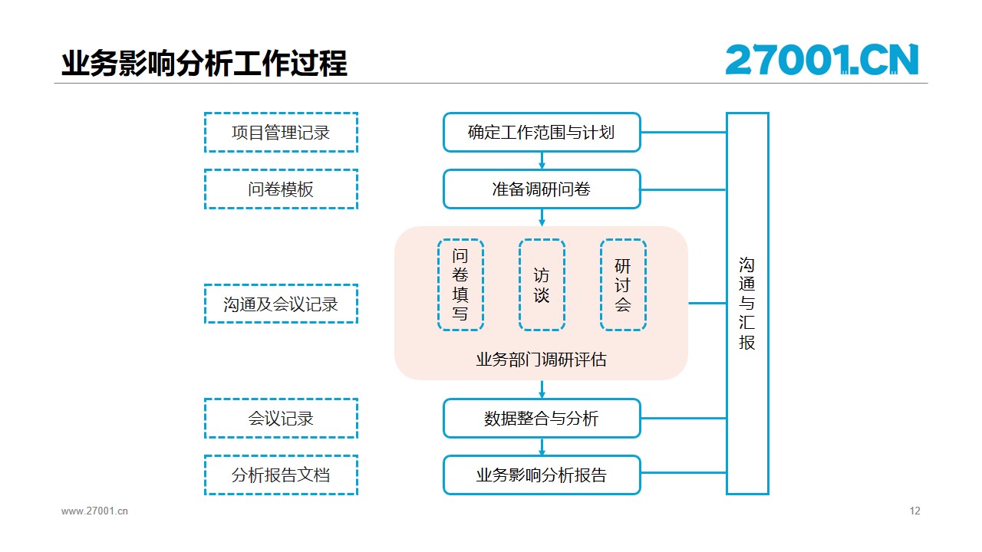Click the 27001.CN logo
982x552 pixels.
[x=822, y=60]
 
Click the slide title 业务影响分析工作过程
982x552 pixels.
[x=204, y=64]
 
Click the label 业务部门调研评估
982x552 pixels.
[x=542, y=360]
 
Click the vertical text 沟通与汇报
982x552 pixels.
[x=747, y=303]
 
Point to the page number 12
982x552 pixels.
[x=915, y=511]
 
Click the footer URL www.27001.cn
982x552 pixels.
[x=94, y=511]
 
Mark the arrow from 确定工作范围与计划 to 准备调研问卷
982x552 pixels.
[x=542, y=161]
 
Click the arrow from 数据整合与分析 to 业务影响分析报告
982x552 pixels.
[x=542, y=447]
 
